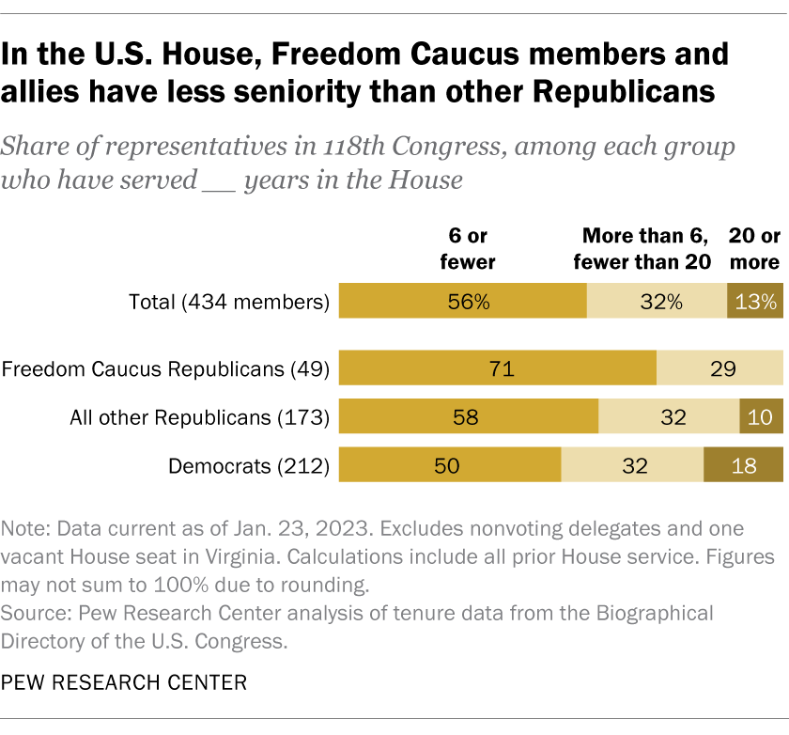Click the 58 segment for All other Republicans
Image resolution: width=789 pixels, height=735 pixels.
click(x=468, y=416)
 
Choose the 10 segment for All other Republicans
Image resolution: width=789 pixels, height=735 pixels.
click(x=762, y=416)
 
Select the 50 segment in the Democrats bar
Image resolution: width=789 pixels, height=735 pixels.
click(x=449, y=464)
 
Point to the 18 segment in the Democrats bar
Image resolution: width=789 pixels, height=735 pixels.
click(x=743, y=464)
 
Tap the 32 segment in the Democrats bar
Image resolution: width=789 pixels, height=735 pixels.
click(x=632, y=464)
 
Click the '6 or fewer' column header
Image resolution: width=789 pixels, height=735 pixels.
click(x=468, y=248)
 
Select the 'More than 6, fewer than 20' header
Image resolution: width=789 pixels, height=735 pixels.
click(x=646, y=248)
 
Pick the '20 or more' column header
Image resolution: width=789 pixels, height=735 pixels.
click(x=754, y=248)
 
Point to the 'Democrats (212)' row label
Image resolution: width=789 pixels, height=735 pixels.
click(x=248, y=465)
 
